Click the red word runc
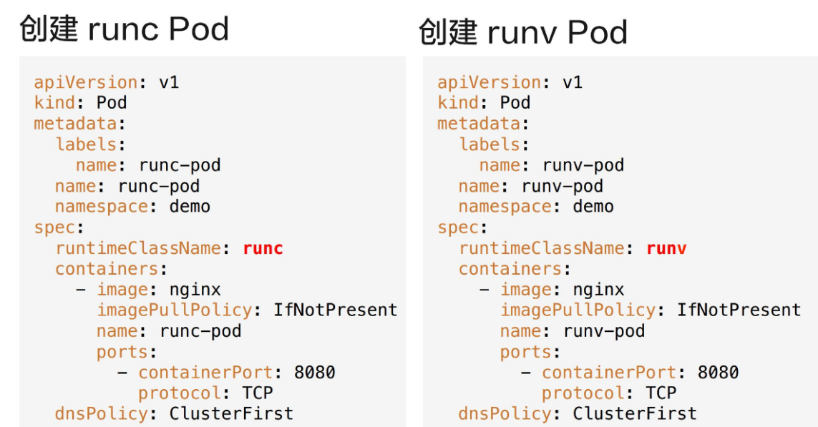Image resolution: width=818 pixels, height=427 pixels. pos(263,248)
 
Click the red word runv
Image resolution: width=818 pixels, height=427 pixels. pos(666,248)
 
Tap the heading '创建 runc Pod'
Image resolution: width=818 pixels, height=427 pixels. pos(124,29)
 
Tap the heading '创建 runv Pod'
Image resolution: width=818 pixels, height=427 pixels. pos(523,33)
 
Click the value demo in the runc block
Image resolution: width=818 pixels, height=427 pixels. pos(190,207)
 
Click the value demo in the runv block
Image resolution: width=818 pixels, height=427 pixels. pos(593,207)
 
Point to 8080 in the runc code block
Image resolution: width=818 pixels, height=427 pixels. pos(315,373)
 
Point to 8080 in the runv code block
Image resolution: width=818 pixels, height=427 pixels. pos(719,373)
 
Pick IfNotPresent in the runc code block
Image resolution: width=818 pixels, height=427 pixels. pos(336,310)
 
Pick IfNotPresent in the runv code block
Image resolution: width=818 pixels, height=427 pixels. pos(739,310)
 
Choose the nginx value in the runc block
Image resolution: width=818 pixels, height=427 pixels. pos(195,290)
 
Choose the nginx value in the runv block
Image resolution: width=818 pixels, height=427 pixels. pos(598,290)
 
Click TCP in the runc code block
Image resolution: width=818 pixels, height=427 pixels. pos(258,393)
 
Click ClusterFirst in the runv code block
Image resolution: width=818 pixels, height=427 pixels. pos(635,414)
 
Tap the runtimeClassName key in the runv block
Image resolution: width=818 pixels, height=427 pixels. pos(542,248)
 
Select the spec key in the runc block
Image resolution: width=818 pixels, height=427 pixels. pos(54,227)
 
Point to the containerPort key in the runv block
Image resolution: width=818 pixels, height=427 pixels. pos(608,373)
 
